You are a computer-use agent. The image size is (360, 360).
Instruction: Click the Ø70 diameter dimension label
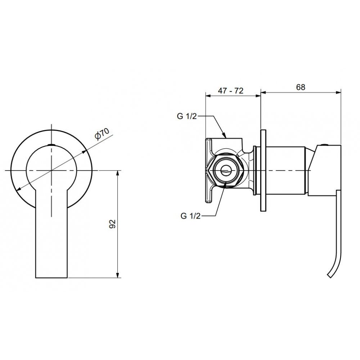[x=102, y=134]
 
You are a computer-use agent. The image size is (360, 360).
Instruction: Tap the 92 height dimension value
[x=112, y=224]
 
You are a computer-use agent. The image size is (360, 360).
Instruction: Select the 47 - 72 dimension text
[x=230, y=91]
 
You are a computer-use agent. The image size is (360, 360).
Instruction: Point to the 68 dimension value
[x=301, y=87]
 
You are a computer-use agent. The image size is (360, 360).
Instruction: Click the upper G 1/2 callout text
[x=187, y=116]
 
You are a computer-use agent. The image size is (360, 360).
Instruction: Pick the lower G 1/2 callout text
[x=190, y=216]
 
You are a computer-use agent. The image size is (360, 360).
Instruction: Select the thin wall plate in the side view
[x=264, y=171]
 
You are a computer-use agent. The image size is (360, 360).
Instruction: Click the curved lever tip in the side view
[x=330, y=275]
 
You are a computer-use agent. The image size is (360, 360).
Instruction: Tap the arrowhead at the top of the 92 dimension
[x=118, y=174]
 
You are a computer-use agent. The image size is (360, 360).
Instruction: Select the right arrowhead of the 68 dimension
[x=338, y=93]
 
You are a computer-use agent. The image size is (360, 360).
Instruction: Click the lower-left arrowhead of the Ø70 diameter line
[x=19, y=189]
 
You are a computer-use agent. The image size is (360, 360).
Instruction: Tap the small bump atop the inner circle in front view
[x=51, y=145]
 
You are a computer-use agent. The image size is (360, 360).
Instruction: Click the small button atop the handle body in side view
[x=324, y=145]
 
